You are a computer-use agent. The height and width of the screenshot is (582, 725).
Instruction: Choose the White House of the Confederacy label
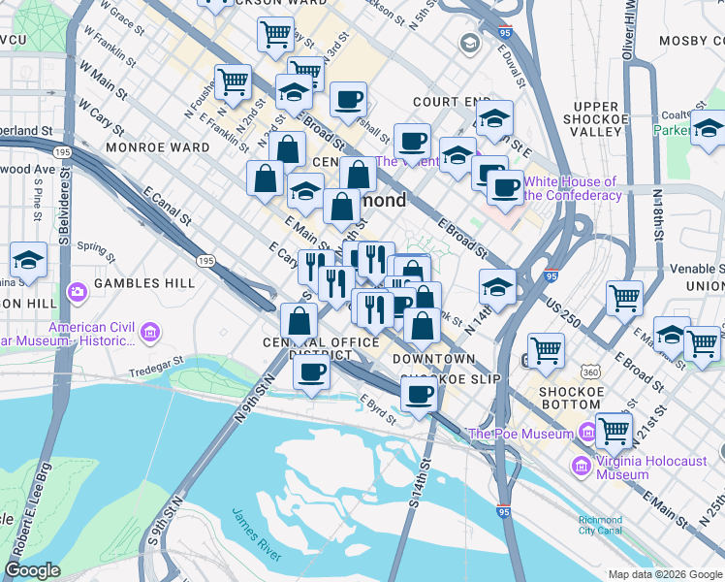point(572,188)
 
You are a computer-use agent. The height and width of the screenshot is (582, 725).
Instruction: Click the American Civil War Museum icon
point(149,335)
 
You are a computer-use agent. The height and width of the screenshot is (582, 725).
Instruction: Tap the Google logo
point(32,570)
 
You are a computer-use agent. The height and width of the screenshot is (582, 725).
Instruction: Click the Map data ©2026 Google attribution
point(665,573)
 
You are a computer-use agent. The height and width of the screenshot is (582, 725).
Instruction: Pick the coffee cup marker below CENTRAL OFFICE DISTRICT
point(311,373)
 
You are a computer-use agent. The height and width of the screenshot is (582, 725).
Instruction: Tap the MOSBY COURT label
point(690,41)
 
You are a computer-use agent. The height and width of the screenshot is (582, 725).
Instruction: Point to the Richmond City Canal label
point(600,525)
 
